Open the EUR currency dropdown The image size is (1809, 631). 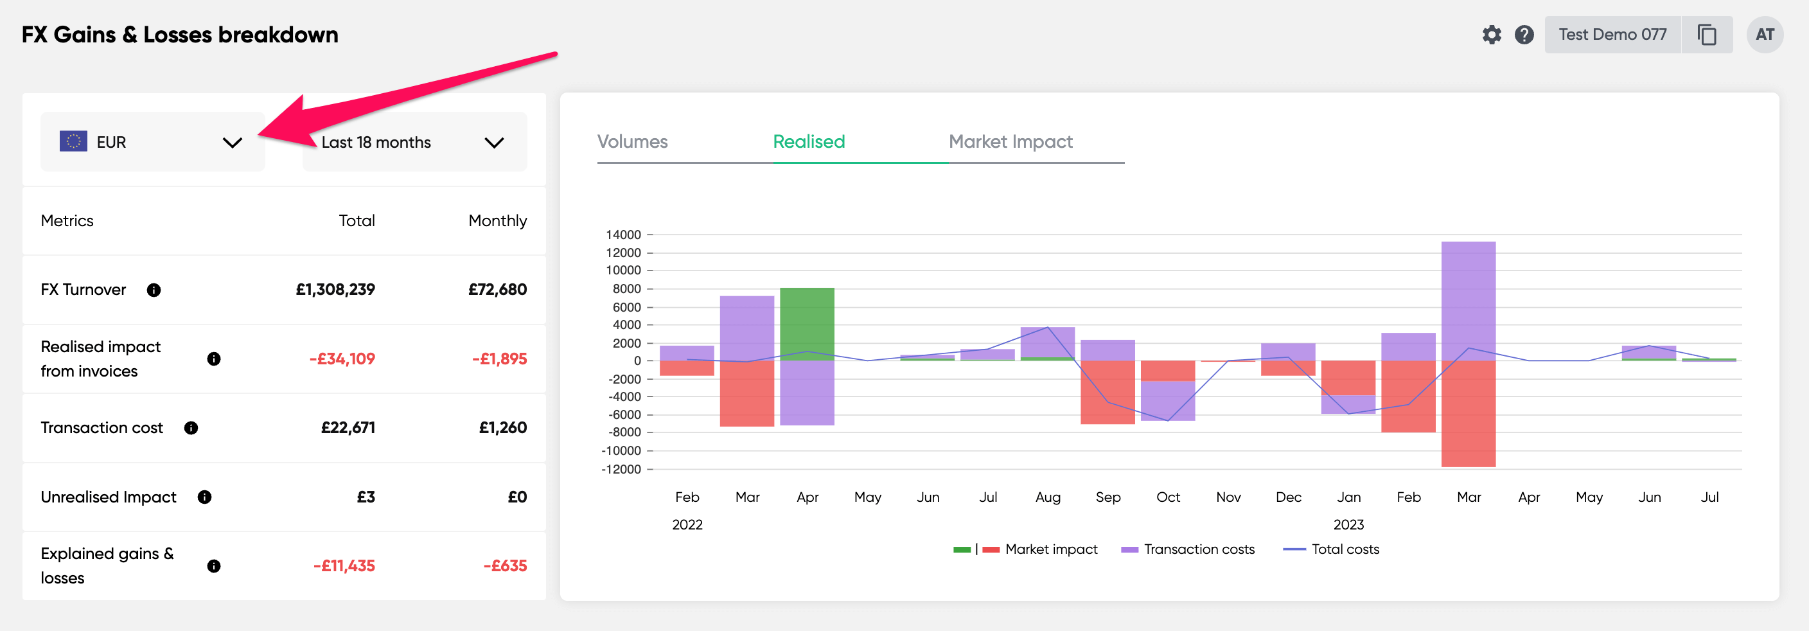pyautogui.click(x=152, y=142)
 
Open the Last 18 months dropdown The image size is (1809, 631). pyautogui.click(x=414, y=142)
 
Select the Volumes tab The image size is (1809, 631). pyautogui.click(x=632, y=142)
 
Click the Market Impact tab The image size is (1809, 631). pyautogui.click(x=1010, y=142)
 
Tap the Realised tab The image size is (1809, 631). pyautogui.click(x=808, y=142)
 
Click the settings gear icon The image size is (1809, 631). pyautogui.click(x=1491, y=35)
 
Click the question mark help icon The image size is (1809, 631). pyautogui.click(x=1523, y=35)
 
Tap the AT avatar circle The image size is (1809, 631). pyautogui.click(x=1764, y=35)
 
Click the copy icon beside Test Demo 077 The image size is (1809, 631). pyautogui.click(x=1706, y=35)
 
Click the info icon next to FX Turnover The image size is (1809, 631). pyautogui.click(x=154, y=290)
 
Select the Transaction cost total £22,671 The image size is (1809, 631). pyautogui.click(x=348, y=428)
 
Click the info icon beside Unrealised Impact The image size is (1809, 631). pyautogui.click(x=204, y=497)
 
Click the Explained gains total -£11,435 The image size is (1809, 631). pyautogui.click(x=344, y=566)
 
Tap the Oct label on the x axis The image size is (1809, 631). pyautogui.click(x=1168, y=497)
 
